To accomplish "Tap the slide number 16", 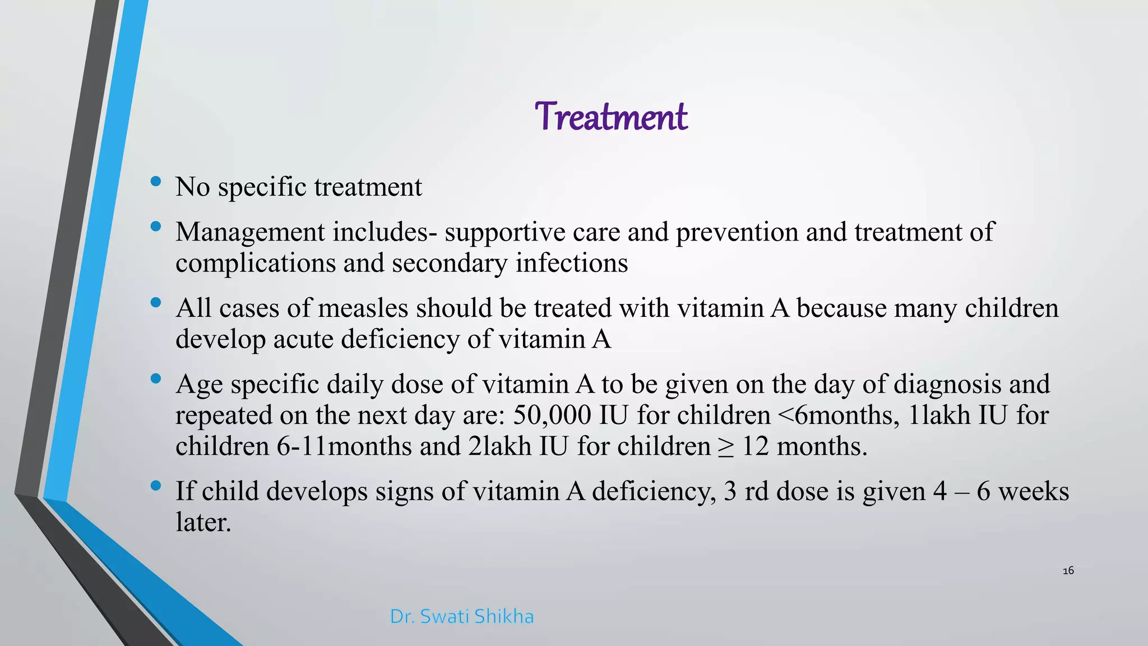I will [x=1068, y=571].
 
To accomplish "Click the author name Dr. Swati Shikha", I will [x=461, y=616].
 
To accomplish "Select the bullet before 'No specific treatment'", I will [x=156, y=181].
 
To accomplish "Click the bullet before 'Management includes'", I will [x=156, y=227].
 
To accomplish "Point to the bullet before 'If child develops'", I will [x=156, y=486].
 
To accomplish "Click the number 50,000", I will [x=552, y=416].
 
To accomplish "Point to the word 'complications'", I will [x=256, y=264].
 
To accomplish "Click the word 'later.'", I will [x=203, y=523].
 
